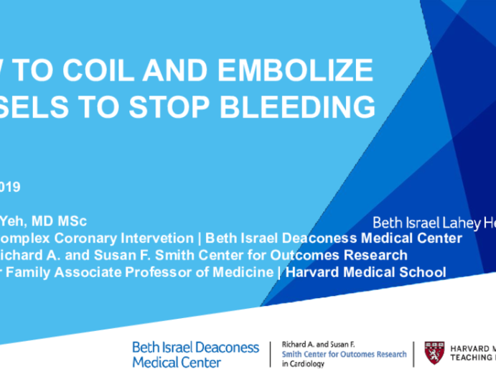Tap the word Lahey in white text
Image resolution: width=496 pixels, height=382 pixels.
point(446,223)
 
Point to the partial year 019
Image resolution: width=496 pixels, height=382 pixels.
point(10,187)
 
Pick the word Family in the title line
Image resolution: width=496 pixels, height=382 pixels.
point(35,272)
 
